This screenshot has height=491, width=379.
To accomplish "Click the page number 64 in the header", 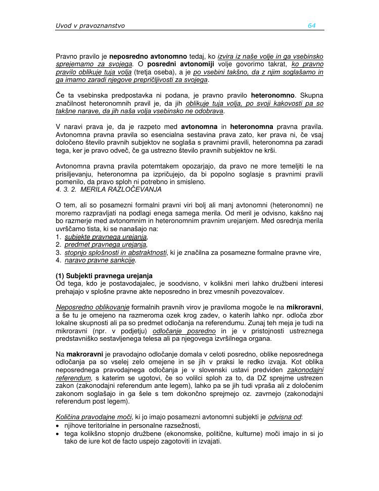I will pyautogui.click(x=311, y=26).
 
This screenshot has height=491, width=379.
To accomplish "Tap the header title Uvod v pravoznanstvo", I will pyautogui.click(x=90, y=26).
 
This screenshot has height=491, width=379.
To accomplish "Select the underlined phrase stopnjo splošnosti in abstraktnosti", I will pyautogui.click(x=115, y=252).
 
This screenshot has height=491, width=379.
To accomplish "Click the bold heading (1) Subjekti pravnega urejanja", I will pyautogui.click(x=104, y=276).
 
